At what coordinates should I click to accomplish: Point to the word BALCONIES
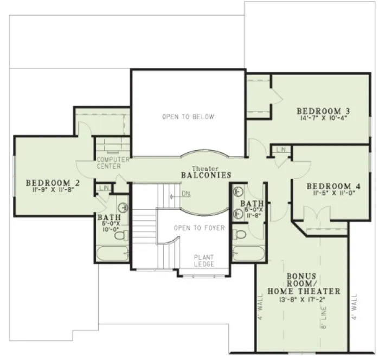pyautogui.click(x=207, y=176)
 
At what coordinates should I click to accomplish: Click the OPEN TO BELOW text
pyautogui.click(x=188, y=117)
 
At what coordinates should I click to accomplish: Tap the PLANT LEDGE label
pyautogui.click(x=204, y=260)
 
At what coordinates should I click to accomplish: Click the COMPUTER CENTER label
pyautogui.click(x=113, y=163)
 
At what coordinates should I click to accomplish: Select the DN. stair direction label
pyautogui.click(x=186, y=194)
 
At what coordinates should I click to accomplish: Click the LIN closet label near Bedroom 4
pyautogui.click(x=281, y=149)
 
